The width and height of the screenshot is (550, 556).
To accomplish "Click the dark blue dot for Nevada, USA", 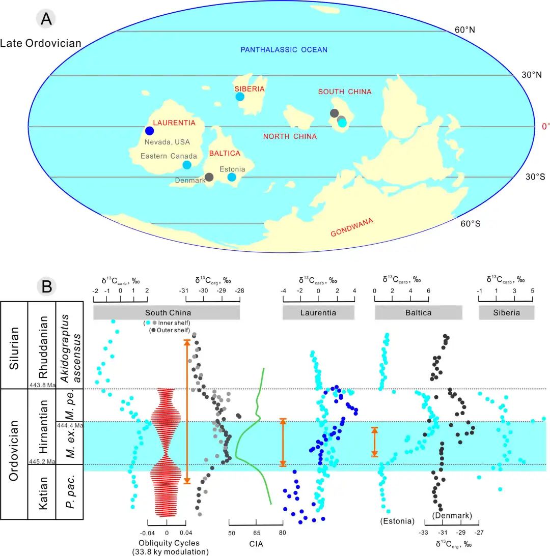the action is pos(150,131).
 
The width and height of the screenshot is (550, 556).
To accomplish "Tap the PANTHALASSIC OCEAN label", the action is pos(284,50).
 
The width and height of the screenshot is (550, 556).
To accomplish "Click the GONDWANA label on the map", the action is pos(351,227).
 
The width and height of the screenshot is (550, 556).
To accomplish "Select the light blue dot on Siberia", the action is pos(240,97).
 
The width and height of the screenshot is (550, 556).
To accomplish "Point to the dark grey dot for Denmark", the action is pos(209,177).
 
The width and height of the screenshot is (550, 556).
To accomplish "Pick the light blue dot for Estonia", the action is pos(232,177).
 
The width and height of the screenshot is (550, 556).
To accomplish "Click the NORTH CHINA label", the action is pos(290,136).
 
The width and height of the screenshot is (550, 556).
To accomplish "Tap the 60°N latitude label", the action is pos(465,30).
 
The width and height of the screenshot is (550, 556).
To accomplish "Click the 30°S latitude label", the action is pos(535,177).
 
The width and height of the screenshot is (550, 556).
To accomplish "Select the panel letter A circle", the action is pos(46,19).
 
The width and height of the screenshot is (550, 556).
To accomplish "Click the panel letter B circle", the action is pos(46,286).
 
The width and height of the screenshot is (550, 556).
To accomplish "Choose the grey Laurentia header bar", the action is pos(318,312).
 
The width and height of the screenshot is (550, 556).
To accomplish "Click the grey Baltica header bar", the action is pos(419,312).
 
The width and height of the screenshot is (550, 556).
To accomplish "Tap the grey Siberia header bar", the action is pos(507,312).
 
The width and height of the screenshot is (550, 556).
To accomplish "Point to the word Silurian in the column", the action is pos(14,348).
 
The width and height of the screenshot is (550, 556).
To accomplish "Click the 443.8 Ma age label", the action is pos(42,385).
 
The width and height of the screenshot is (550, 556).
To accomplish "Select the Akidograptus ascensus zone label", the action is pos(70,348).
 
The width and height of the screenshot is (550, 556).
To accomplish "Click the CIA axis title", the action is pos(256,544).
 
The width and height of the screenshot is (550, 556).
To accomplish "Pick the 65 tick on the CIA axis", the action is pos(257,533).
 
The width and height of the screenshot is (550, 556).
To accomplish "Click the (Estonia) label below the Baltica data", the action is pos(397,521).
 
